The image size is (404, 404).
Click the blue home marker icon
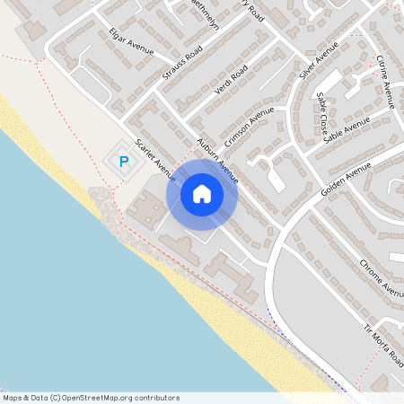202,193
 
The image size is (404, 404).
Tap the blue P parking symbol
124,162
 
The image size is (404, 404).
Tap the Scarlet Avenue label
155,158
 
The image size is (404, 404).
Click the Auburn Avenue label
217,159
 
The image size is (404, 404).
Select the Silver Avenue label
319,60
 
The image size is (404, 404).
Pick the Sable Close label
321,114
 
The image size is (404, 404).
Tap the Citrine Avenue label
385,81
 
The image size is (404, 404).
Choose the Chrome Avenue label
381,278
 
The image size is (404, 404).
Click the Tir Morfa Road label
382,343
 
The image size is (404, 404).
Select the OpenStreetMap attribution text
90,398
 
